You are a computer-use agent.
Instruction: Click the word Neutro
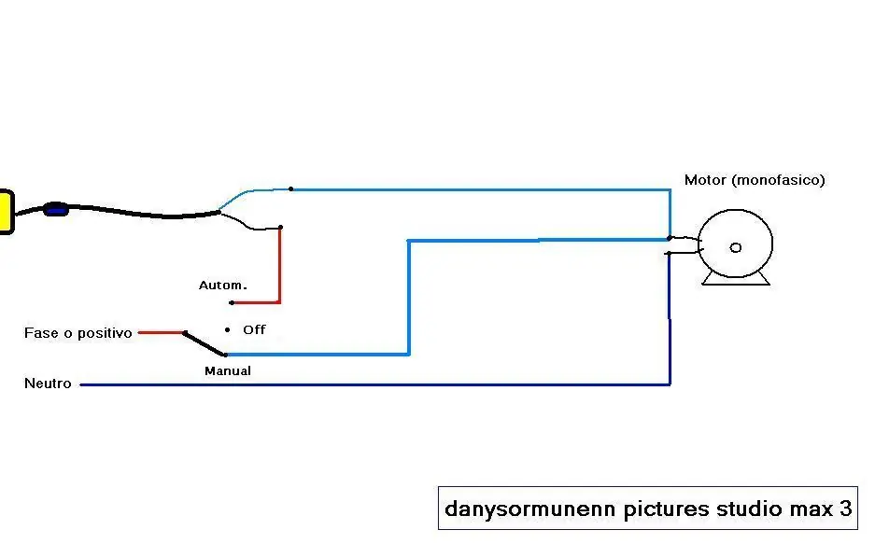click(48, 384)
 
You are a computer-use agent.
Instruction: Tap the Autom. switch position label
click(222, 286)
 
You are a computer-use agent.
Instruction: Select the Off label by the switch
click(254, 329)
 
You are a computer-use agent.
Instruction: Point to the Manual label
click(228, 370)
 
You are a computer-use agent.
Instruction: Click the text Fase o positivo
click(78, 333)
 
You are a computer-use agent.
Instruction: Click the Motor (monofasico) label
click(755, 180)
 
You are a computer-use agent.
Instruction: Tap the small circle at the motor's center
click(736, 247)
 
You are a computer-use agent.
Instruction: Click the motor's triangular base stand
click(736, 279)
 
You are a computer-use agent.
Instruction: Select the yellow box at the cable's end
click(7, 212)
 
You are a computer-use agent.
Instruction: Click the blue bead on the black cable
click(56, 210)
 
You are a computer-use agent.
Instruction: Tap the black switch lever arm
click(205, 344)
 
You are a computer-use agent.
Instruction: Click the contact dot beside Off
click(227, 330)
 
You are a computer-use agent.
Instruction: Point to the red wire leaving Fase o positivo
click(161, 333)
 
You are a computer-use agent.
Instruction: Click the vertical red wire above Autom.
click(279, 265)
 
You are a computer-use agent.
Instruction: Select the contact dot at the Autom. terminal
click(232, 302)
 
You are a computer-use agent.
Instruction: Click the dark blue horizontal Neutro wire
click(375, 384)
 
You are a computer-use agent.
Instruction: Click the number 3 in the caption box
click(845, 509)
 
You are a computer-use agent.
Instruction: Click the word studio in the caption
click(750, 509)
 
